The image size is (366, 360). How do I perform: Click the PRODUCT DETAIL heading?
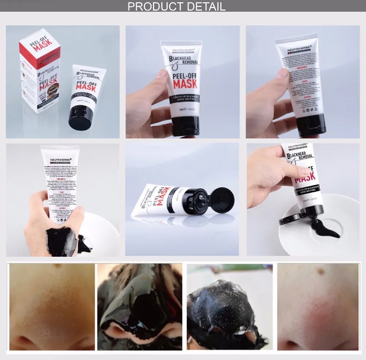point(176,6)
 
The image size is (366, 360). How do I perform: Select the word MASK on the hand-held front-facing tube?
point(184,84)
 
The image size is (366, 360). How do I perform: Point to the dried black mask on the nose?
point(227,311)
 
